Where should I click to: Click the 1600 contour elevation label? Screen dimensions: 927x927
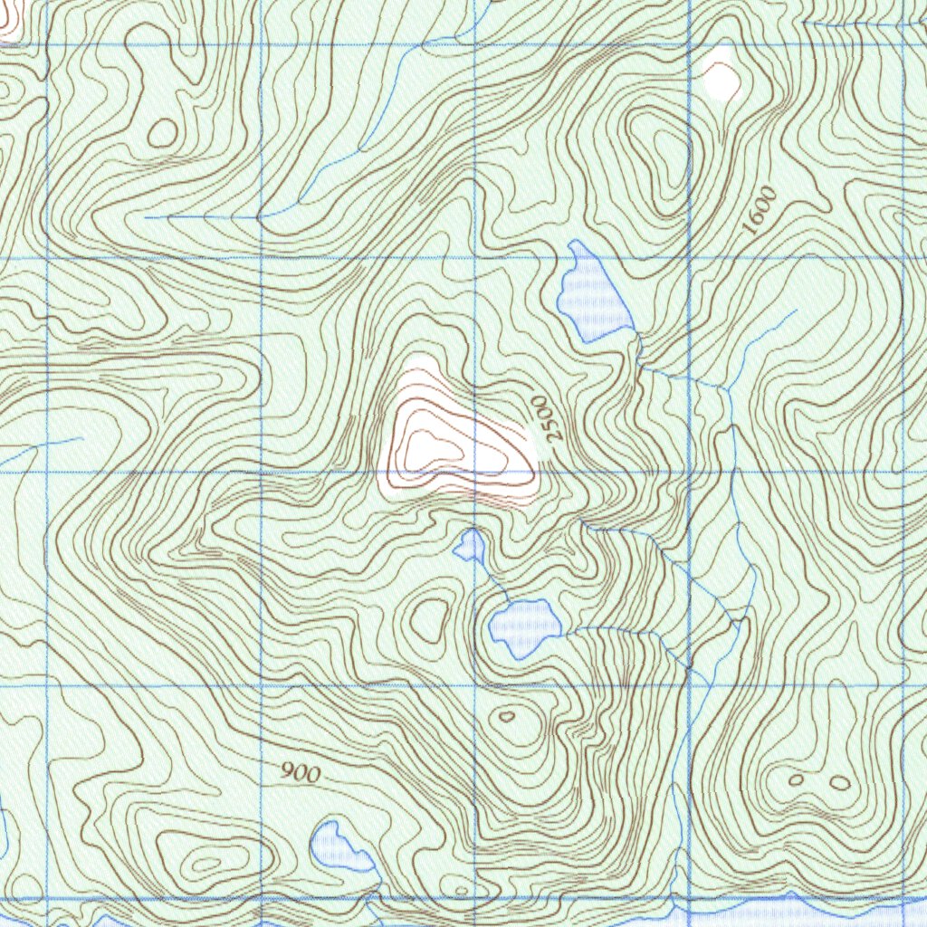pos(759,211)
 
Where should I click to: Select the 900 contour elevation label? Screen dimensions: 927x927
pos(300,772)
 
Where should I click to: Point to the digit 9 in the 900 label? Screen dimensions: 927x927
pos(287,770)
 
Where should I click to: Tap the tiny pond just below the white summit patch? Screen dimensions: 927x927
pos(470,545)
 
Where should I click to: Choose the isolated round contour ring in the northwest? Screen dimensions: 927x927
pos(163,133)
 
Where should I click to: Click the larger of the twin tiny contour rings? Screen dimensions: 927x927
pos(840,782)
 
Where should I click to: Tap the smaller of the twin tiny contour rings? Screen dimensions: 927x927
pos(797,779)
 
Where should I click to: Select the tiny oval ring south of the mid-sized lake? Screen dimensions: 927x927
pos(507,716)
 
